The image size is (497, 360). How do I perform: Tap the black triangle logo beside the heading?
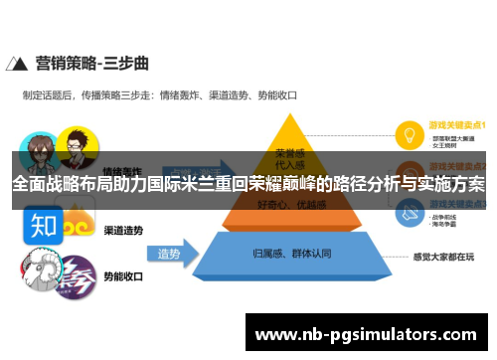coord(18,66)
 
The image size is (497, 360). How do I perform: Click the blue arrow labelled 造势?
coord(170,255)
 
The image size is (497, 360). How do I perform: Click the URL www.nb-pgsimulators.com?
coord(366,335)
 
